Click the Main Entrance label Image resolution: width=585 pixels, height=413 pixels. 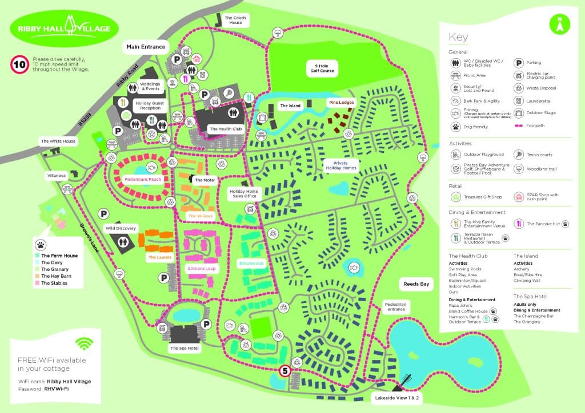[x=146, y=47]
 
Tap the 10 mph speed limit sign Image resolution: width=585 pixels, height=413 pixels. [x=19, y=64]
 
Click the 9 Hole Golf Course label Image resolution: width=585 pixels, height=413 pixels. [x=320, y=68]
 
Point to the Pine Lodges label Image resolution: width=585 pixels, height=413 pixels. [x=341, y=103]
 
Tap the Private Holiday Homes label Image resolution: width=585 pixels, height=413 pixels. [x=340, y=165]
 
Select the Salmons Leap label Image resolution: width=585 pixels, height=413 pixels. [x=202, y=268]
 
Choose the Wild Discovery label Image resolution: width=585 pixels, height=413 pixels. [x=121, y=228]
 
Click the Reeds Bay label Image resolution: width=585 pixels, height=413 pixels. [x=416, y=284]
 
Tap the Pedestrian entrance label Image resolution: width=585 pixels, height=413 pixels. [x=395, y=307]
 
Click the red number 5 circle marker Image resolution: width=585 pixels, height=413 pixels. [x=285, y=371]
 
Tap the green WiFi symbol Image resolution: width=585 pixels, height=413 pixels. [x=85, y=343]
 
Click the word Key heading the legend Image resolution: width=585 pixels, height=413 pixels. [x=458, y=37]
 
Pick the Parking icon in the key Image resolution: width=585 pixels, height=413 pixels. [x=519, y=63]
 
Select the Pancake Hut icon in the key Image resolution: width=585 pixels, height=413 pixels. [x=519, y=224]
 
